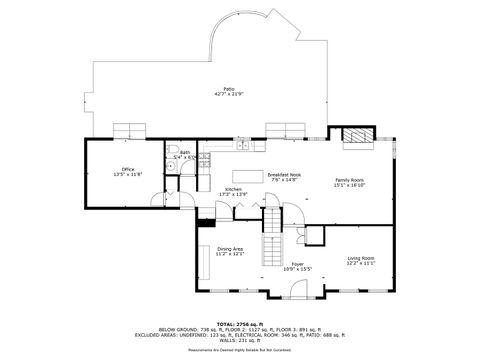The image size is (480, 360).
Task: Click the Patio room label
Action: click(x=229, y=88)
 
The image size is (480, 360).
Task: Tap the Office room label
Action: click(x=127, y=169)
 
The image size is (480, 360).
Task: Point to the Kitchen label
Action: click(x=233, y=189)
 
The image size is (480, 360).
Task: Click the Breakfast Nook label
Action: click(x=284, y=174)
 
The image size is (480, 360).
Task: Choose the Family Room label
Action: click(x=356, y=152)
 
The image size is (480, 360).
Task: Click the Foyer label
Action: click(x=297, y=264)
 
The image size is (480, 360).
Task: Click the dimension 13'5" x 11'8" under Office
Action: click(x=127, y=174)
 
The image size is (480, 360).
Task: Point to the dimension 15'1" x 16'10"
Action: click(x=356, y=157)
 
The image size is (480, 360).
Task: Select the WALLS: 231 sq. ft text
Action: click(x=240, y=341)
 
